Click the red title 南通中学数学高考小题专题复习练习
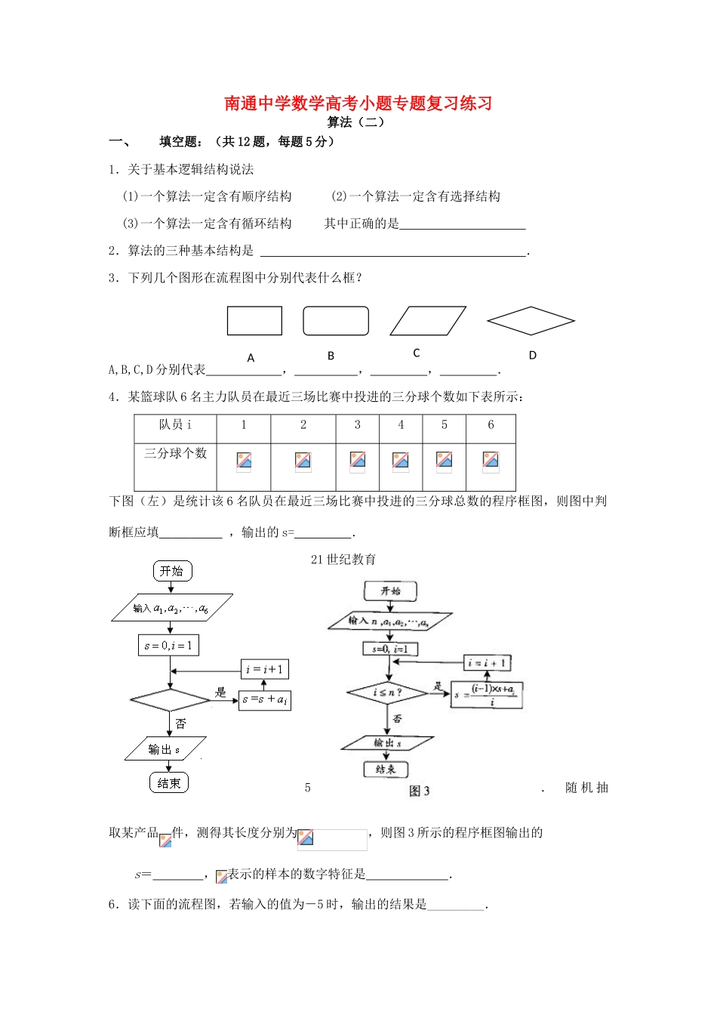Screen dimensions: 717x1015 358,103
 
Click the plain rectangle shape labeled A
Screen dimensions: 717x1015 254,320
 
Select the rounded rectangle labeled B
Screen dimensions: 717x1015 336,320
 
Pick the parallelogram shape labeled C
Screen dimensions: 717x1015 427,320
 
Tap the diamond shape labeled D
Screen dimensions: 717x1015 531,320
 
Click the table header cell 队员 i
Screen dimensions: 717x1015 175,425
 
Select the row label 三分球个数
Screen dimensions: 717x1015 175,453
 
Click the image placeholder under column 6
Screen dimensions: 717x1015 491,460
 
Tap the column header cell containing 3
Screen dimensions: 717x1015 358,425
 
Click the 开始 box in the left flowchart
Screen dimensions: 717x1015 171,571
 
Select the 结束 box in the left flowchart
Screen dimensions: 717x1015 168,783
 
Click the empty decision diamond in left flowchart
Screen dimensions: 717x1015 170,700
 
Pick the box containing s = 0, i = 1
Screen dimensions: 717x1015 168,646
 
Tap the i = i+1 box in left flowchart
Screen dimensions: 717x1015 264,669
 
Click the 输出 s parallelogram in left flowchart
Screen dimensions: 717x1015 165,749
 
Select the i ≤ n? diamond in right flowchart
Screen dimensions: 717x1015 388,692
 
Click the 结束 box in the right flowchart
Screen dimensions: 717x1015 386,770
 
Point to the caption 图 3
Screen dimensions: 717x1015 419,791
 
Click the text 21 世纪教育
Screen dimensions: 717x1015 343,560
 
